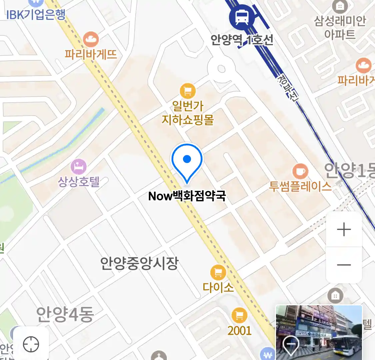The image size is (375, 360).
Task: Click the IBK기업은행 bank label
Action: pos(36,15)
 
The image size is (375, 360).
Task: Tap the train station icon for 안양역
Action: pos(242,17)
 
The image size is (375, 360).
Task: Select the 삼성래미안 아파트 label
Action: pos(340,27)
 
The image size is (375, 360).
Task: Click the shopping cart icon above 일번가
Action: pos(188,91)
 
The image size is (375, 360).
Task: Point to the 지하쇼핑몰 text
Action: pos(188,119)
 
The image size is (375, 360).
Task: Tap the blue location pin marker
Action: pos(187,162)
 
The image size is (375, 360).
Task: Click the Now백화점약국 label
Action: pos(187,196)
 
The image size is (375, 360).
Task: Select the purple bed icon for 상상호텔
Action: pos(79,167)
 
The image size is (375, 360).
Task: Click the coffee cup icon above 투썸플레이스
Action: pos(300,172)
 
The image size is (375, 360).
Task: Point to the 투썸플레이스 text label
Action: pos(300,186)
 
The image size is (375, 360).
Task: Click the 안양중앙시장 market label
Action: pos(140,263)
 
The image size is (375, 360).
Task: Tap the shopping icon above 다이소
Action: pos(218,273)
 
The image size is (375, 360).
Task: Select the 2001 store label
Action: pos(239,330)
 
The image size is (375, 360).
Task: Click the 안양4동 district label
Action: pos(65,314)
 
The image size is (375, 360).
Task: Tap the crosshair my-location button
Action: pos(31,344)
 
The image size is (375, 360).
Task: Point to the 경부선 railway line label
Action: pos(287,87)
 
